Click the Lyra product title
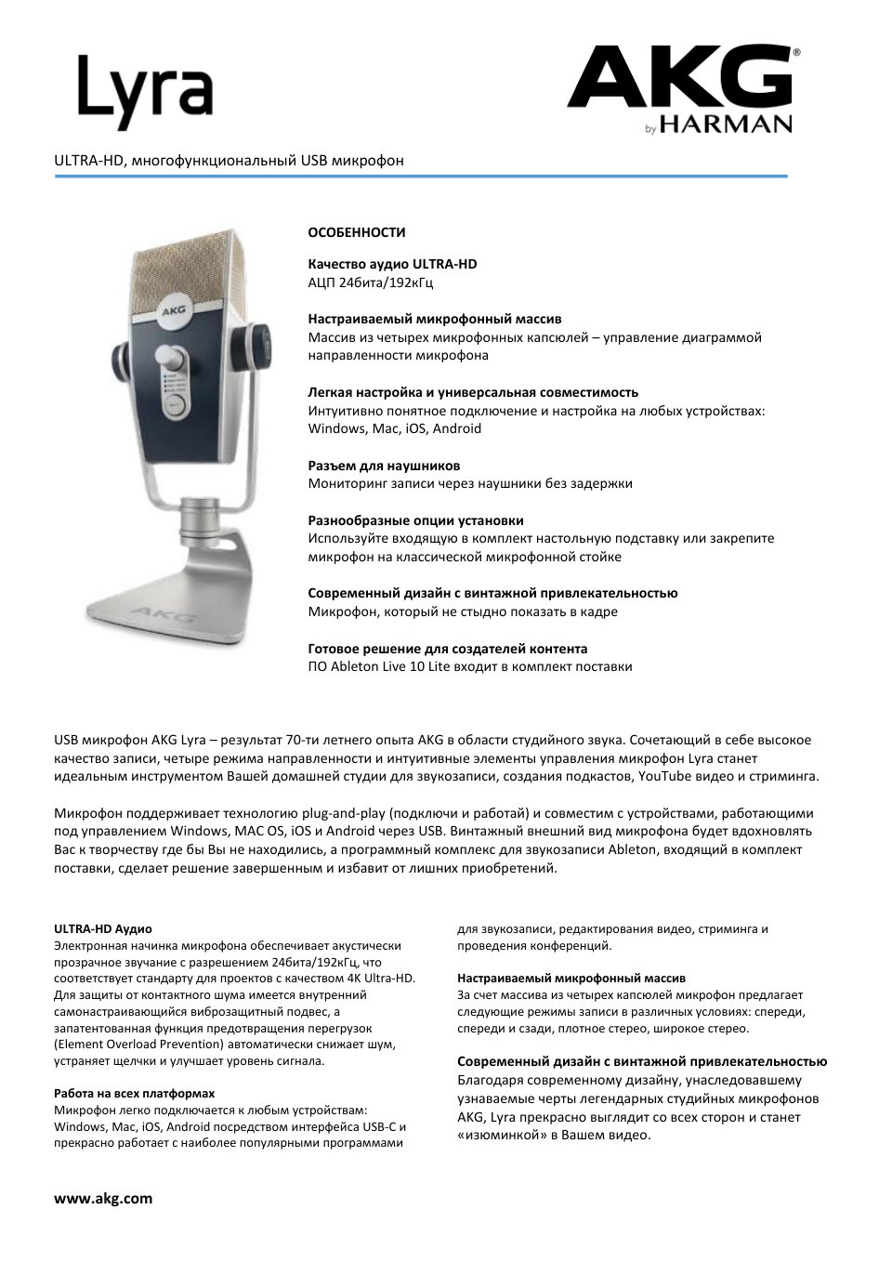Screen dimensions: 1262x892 point(145,93)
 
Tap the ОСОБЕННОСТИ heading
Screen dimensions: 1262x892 point(357,232)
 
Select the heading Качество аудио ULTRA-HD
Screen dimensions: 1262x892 point(392,264)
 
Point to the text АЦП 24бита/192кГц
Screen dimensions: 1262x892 point(370,282)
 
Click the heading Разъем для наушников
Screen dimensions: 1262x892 point(384,466)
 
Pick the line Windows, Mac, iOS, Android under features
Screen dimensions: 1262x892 point(394,428)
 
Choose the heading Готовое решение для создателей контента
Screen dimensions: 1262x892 point(447,649)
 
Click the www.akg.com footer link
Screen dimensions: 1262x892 point(102,1198)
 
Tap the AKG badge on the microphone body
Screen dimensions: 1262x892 point(171,313)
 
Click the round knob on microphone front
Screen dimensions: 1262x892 point(173,359)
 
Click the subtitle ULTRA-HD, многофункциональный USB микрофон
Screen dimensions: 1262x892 point(229,161)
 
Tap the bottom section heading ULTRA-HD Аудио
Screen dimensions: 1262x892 point(103,928)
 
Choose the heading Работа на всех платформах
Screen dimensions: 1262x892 point(134,1094)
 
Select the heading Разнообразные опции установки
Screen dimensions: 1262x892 point(415,520)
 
